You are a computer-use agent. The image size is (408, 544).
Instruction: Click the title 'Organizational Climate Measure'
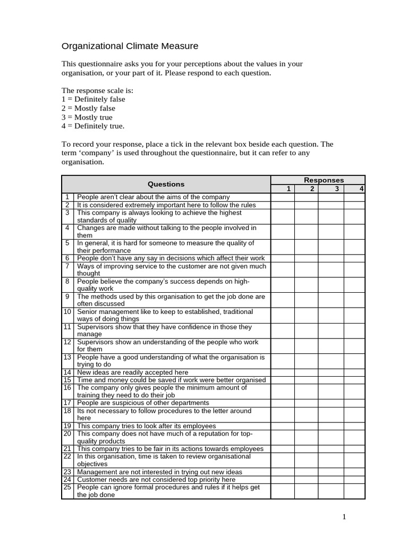pyautogui.click(x=130, y=46)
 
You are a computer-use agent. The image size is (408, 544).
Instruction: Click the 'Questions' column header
pyautogui.click(x=166, y=184)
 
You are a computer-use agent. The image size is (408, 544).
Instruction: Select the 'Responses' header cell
pyautogui.click(x=324, y=180)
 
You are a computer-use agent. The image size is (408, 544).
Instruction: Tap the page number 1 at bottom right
pyautogui.click(x=345, y=517)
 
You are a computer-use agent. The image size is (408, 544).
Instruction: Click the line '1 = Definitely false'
pyautogui.click(x=93, y=99)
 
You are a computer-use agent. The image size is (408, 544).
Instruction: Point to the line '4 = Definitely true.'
pyautogui.click(x=93, y=126)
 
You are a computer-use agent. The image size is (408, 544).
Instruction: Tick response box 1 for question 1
pyautogui.click(x=283, y=197)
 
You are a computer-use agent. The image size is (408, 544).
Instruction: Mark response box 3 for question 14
pyautogui.click(x=331, y=372)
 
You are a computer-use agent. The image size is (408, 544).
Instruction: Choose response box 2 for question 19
pyautogui.click(x=307, y=426)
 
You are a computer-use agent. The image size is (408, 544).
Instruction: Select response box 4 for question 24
pyautogui.click(x=354, y=479)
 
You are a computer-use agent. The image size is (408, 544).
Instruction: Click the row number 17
pyautogui.click(x=67, y=403)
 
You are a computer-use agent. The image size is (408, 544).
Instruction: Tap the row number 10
pyautogui.click(x=67, y=312)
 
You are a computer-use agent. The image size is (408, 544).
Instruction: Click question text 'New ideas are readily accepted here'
pyautogui.click(x=132, y=372)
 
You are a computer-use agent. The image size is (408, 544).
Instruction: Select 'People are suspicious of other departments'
pyautogui.click(x=143, y=403)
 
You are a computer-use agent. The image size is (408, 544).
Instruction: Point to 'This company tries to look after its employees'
pyautogui.click(x=146, y=426)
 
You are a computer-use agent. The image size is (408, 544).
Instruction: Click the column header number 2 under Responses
pyautogui.click(x=312, y=189)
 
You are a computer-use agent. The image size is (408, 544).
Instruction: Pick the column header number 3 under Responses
pyautogui.click(x=336, y=189)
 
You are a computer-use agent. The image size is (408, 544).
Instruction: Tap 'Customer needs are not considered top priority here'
pyautogui.click(x=156, y=479)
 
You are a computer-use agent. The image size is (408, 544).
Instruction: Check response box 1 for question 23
pyautogui.click(x=283, y=472)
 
